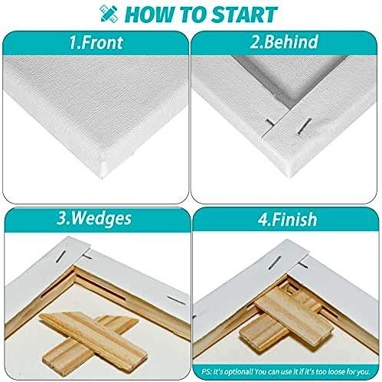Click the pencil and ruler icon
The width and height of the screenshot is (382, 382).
(x=109, y=13)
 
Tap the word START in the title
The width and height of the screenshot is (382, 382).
(x=244, y=15)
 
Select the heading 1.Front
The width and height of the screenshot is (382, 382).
(x=96, y=42)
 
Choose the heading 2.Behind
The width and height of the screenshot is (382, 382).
(x=284, y=41)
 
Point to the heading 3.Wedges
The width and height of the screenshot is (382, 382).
(x=94, y=219)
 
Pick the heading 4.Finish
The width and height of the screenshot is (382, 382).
(x=287, y=220)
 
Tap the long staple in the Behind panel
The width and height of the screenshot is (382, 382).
(x=305, y=126)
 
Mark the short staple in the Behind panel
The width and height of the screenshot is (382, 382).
(x=269, y=122)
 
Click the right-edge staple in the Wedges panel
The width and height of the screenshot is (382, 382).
(x=176, y=300)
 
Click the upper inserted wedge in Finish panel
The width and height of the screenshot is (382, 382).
(x=294, y=318)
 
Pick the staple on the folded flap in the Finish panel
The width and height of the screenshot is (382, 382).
(x=275, y=263)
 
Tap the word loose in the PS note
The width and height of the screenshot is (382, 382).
(x=337, y=371)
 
